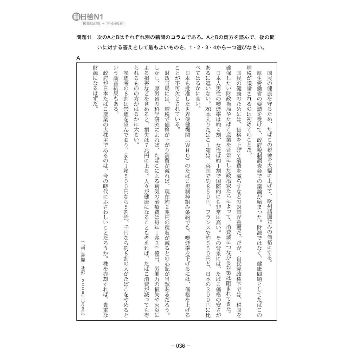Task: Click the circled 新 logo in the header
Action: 77,16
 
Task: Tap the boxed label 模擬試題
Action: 91,24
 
